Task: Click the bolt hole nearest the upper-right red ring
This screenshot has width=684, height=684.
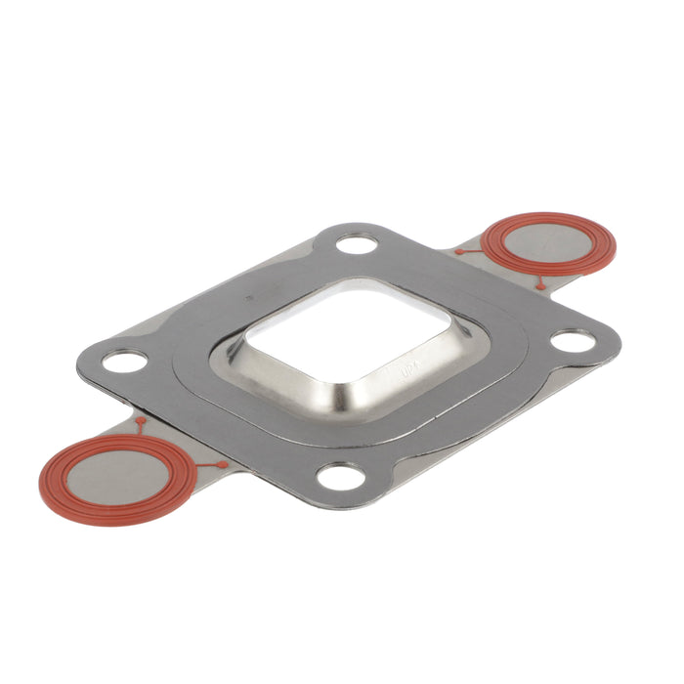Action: [359, 241]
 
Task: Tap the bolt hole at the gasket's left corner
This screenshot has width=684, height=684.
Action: [124, 363]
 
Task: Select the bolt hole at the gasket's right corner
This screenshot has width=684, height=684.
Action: [573, 341]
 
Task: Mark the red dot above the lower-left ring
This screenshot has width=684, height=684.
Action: [141, 421]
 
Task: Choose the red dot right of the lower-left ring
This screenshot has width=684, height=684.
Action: [225, 464]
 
